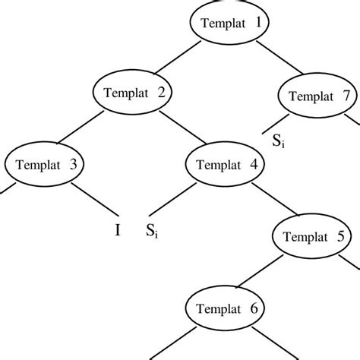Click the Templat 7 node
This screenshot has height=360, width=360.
click(x=318, y=96)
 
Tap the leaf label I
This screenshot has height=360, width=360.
click(x=118, y=229)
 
